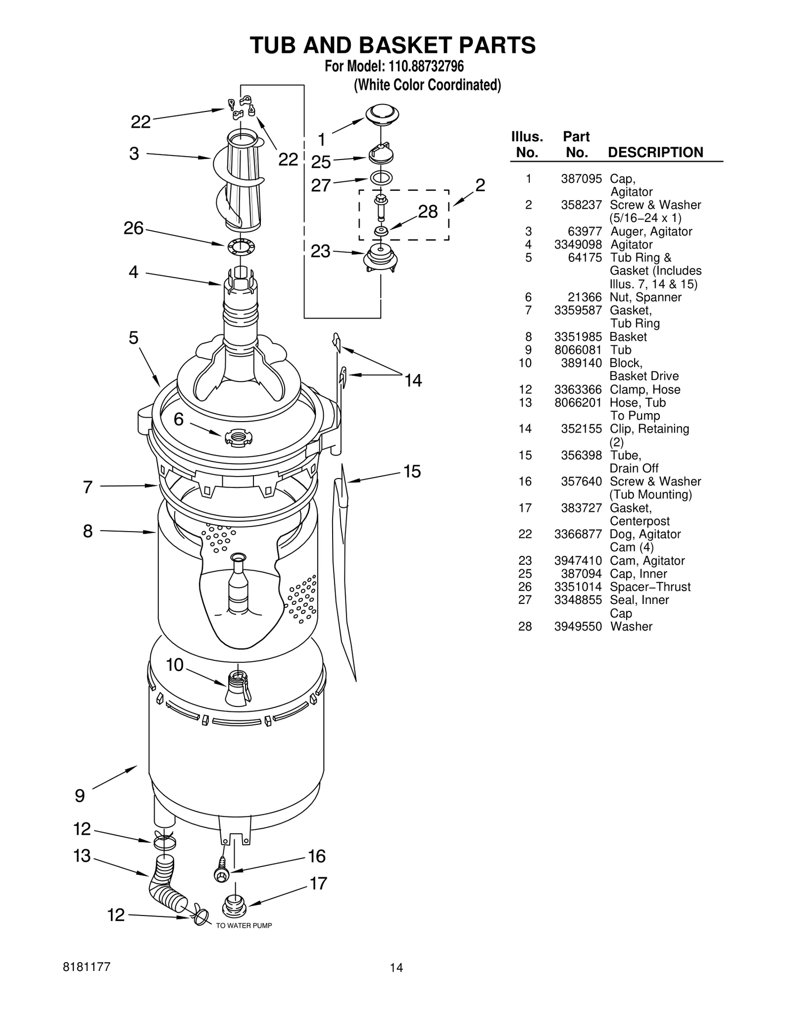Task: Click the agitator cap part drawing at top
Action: point(382,114)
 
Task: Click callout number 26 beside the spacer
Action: point(133,228)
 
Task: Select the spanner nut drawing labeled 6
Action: point(238,437)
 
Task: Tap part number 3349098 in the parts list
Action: point(578,245)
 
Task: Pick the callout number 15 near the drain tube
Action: point(412,471)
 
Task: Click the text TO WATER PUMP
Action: point(244,925)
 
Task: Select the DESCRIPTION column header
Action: point(655,153)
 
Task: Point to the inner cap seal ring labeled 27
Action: point(381,178)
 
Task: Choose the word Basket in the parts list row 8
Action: point(628,337)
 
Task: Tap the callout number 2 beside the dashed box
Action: point(480,185)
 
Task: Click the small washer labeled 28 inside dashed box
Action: point(381,232)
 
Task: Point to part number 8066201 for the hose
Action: point(578,403)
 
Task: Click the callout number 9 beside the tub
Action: point(80,796)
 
